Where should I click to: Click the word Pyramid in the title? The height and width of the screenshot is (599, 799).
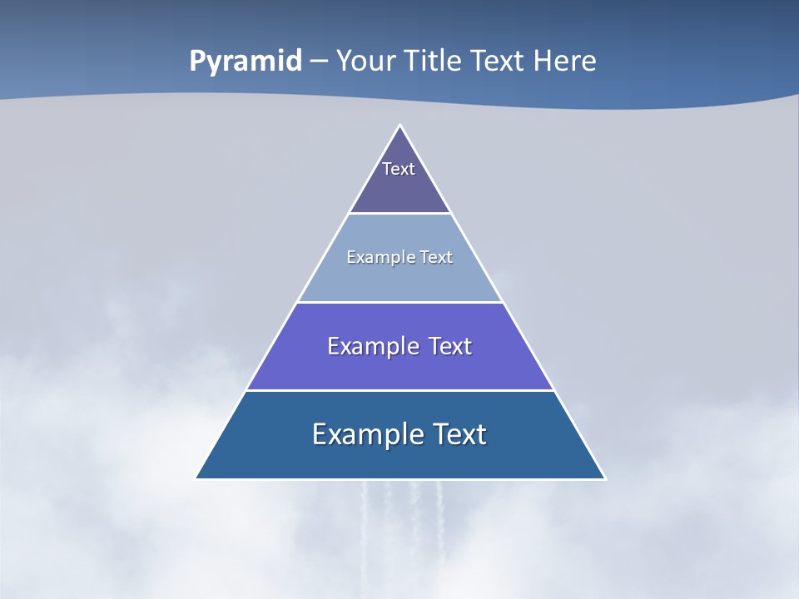coord(246,62)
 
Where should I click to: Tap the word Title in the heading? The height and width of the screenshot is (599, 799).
coord(433,61)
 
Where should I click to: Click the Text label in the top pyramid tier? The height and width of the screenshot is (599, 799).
coord(399,169)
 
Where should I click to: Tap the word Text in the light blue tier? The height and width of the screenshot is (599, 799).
coord(436,257)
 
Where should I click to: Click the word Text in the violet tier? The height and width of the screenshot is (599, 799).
coord(450,346)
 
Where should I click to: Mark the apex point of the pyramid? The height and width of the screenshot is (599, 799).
coord(400,126)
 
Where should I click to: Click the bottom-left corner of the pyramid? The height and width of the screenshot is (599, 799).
coord(196,478)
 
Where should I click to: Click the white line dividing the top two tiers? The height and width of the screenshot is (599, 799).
coord(400,214)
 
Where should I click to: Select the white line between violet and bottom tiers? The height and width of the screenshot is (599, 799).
coord(400,390)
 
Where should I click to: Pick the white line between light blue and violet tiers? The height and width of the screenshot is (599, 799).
coord(400,302)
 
